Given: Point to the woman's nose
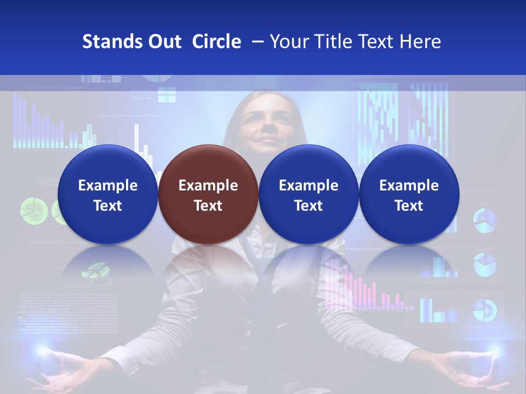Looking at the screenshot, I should click(x=268, y=130).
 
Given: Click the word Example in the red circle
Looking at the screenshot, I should click(x=208, y=186).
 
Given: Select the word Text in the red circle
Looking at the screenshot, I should click(x=208, y=206).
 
